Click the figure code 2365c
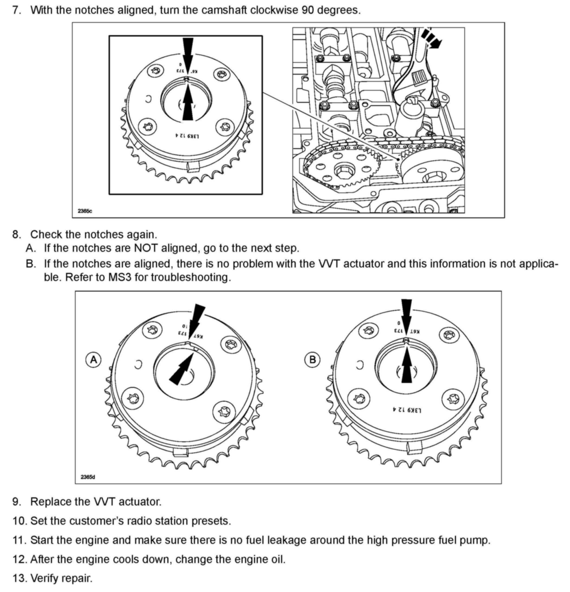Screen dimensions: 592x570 (x=85, y=211)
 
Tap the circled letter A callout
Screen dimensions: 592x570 (x=94, y=360)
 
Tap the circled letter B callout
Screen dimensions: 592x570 (x=312, y=360)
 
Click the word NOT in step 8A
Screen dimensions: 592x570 (x=146, y=248)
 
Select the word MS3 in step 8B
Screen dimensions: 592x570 (x=120, y=277)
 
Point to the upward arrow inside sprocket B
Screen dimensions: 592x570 (x=407, y=365)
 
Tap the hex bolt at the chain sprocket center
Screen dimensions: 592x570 (x=343, y=172)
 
